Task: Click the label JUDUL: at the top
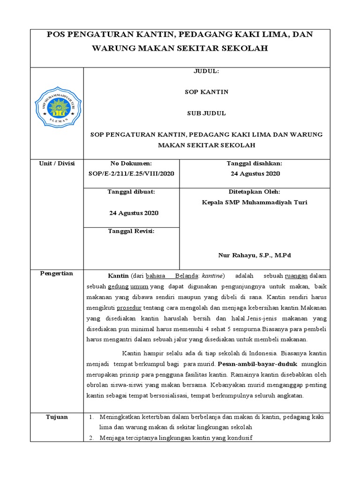point(206,72)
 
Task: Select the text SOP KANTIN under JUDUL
point(206,92)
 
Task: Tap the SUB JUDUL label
point(206,113)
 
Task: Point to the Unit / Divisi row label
point(57,163)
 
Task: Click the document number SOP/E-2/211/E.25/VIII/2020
point(131,173)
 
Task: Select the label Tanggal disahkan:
point(255,163)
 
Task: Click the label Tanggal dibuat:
point(131,192)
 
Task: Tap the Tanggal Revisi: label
point(131,231)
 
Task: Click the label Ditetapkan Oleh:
point(255,192)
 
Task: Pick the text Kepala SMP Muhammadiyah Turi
point(255,202)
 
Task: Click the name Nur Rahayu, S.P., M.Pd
point(255,255)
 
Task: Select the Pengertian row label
point(57,273)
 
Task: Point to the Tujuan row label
point(57,417)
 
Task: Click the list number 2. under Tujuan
point(91,438)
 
